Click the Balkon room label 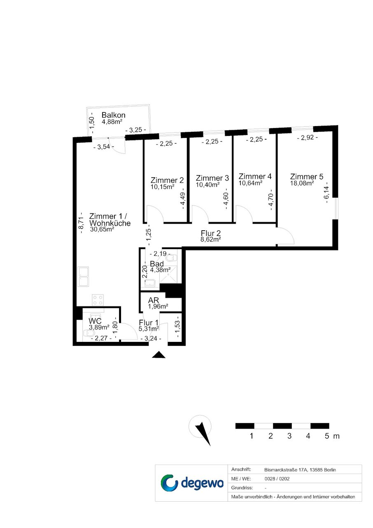pos(113,115)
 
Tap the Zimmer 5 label pos(307,177)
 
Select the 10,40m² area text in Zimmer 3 pos(207,185)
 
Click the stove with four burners pos(98,300)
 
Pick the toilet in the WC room pos(89,333)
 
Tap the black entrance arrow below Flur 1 pos(159,355)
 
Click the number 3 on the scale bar pos(289,436)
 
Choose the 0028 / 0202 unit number pos(277,479)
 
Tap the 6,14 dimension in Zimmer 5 pos(327,193)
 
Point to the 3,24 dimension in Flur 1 pos(151,339)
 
